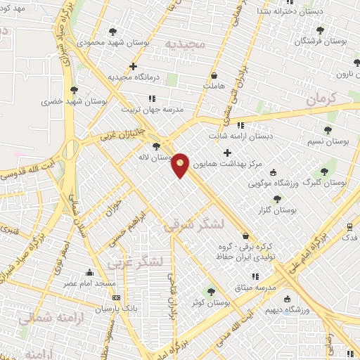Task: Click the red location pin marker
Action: pos(181,165)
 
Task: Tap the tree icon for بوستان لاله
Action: pos(155,146)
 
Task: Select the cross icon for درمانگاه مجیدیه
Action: pos(132,67)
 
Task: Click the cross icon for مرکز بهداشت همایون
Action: pos(226,153)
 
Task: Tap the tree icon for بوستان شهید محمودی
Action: pos(113,32)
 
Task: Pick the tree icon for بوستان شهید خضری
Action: pos(74,90)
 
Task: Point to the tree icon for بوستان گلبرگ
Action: pos(324,171)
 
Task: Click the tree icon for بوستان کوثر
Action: pos(211,292)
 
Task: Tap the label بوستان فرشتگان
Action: pos(320,41)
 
